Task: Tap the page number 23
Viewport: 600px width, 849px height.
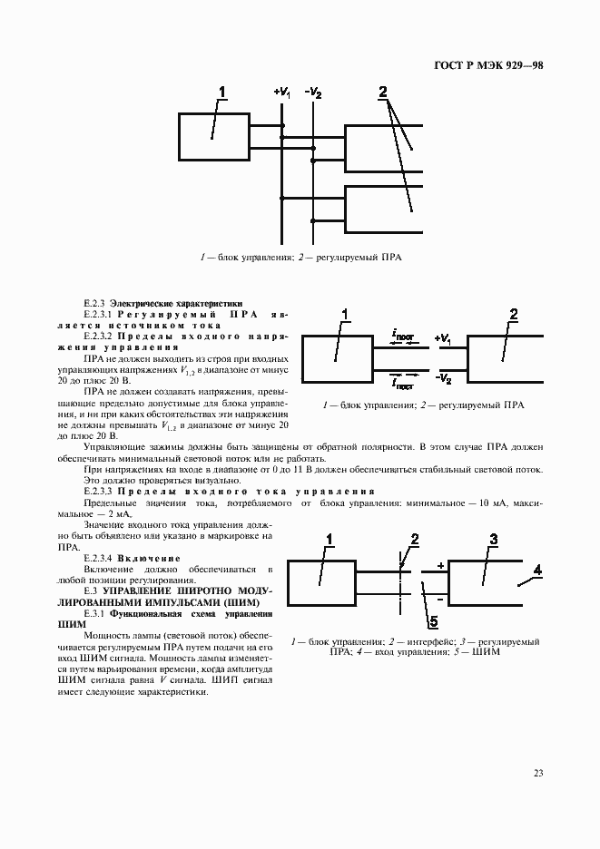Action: click(537, 773)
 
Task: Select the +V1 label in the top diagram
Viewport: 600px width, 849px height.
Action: click(281, 93)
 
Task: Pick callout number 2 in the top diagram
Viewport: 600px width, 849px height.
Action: click(383, 92)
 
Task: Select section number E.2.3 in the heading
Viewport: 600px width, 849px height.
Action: click(94, 306)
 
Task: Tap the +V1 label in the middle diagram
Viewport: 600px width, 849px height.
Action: click(443, 339)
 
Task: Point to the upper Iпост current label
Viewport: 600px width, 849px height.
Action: click(404, 336)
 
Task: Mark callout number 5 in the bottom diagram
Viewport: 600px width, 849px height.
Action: click(433, 621)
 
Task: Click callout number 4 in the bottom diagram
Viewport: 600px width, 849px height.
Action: click(537, 571)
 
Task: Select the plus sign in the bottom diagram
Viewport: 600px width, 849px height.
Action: click(441, 566)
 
